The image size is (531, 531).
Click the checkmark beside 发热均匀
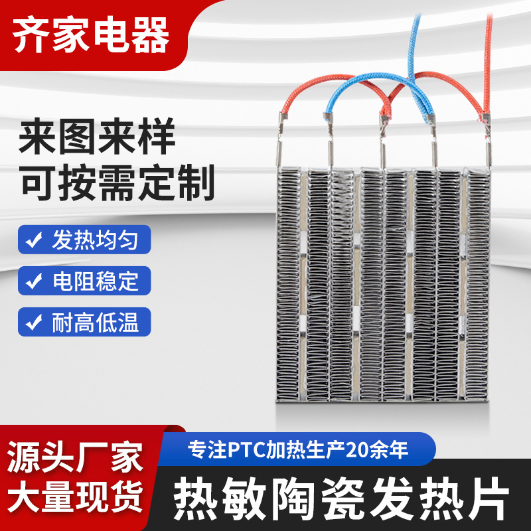pyautogui.click(x=33, y=240)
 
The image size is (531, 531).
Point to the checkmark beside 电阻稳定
pyautogui.click(x=33, y=281)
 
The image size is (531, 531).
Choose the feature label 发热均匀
pyautogui.click(x=95, y=240)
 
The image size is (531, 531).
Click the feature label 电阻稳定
pyautogui.click(x=95, y=281)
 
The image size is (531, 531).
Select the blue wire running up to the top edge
pyautogui.click(x=417, y=40)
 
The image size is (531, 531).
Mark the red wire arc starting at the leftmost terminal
pyautogui.click(x=295, y=93)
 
